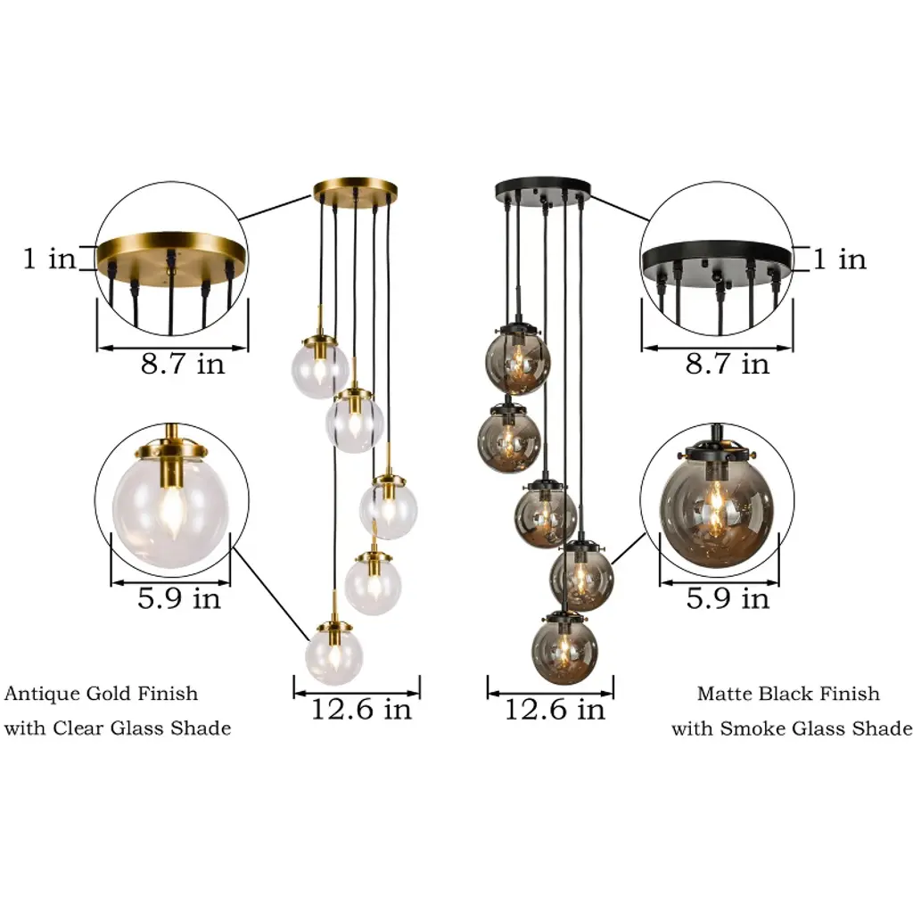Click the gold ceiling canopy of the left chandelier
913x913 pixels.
[355, 191]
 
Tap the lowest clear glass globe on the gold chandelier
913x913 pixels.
[333, 654]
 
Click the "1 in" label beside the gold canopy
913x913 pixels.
[49, 258]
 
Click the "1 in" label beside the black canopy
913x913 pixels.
[839, 259]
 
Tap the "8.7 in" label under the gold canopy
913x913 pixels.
[182, 364]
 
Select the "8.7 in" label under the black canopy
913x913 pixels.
[728, 364]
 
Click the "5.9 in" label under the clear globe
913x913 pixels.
[178, 598]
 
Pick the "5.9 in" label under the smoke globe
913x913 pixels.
[728, 598]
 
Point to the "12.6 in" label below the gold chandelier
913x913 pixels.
[361, 709]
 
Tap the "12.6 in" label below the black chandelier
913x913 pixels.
[555, 709]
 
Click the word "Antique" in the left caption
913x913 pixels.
[42, 694]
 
